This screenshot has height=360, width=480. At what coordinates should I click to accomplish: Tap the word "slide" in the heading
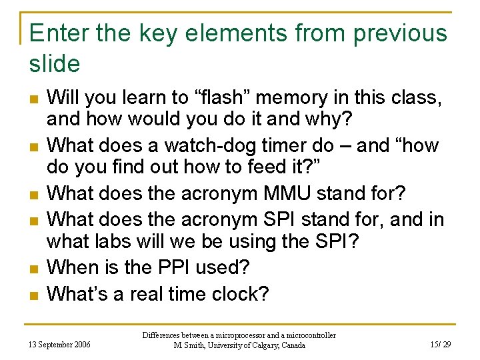[55, 64]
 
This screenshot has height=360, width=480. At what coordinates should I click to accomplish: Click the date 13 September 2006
[60, 345]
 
